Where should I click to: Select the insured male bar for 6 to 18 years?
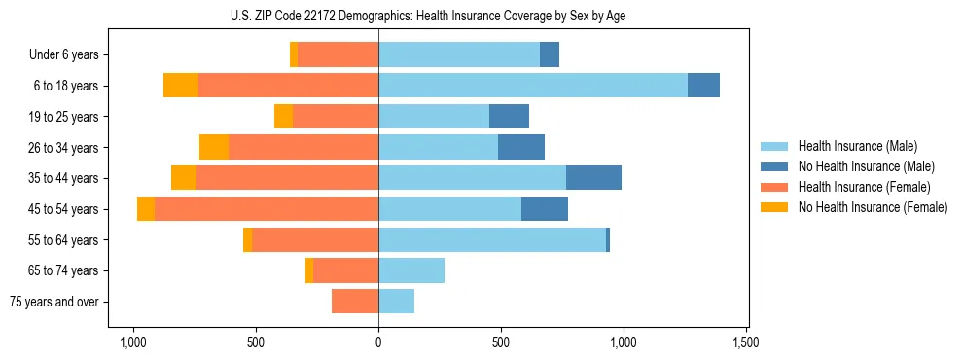[533, 86]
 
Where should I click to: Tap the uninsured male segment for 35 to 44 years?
[593, 178]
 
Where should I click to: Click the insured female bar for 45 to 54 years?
[267, 209]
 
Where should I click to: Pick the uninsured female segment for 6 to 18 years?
[181, 86]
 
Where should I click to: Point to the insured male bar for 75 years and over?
[397, 302]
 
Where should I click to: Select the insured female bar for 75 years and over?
[355, 302]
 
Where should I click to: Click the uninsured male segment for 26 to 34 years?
[521, 147]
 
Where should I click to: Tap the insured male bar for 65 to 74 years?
[411, 270]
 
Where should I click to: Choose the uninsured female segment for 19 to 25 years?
[283, 117]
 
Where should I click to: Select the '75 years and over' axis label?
[54, 302]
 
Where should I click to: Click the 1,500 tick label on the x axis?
[746, 342]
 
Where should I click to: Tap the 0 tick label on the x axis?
[378, 342]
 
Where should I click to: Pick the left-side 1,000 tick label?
[132, 342]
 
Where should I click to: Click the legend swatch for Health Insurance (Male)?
[775, 146]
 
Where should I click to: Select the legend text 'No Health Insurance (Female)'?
[873, 207]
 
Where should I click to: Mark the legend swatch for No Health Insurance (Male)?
[775, 166]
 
